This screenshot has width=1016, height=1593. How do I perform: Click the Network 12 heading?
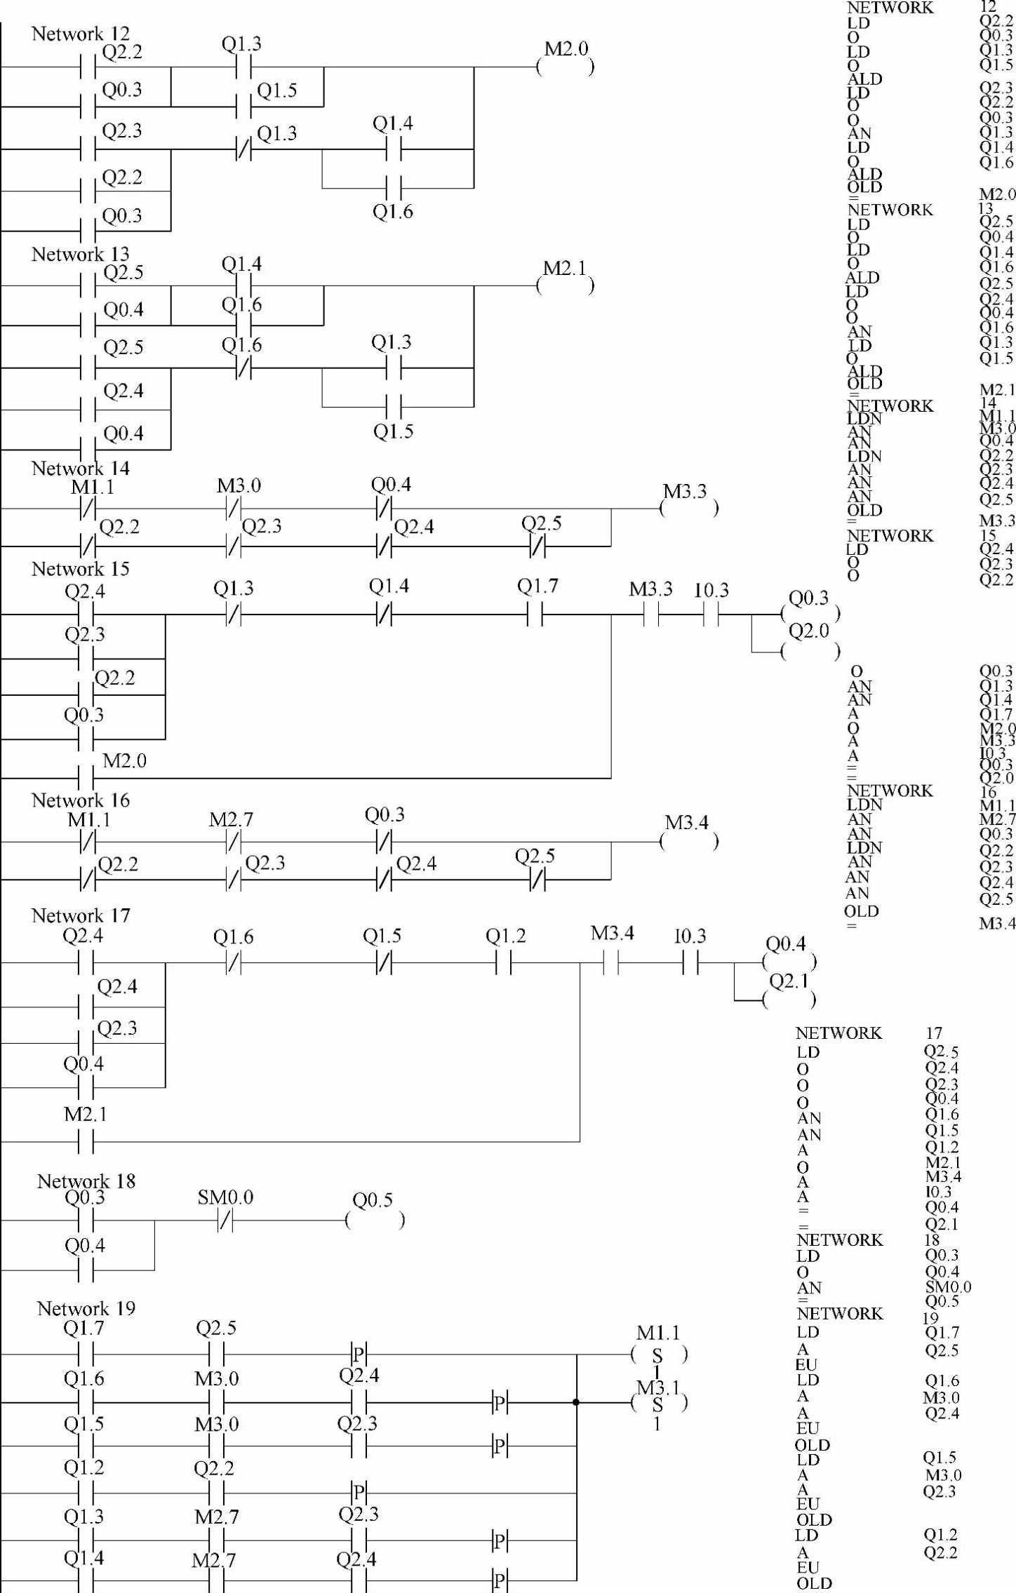click(80, 34)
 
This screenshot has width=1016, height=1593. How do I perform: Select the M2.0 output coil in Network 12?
click(566, 67)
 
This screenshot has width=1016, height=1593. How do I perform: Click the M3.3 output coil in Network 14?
click(688, 509)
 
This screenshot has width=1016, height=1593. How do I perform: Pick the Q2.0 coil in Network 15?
click(810, 652)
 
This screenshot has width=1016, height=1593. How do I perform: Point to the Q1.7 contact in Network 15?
click(535, 615)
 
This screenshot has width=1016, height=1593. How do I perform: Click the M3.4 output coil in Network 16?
click(688, 841)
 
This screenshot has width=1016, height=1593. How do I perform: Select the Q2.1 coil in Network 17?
click(789, 999)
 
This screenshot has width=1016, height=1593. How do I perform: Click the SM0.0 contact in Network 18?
click(225, 1221)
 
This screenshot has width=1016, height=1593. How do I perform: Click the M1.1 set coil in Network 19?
click(658, 1355)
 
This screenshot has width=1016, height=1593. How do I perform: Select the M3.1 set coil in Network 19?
click(658, 1403)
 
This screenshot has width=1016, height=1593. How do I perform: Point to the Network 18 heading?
click(86, 1181)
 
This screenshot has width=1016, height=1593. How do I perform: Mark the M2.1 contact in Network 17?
click(86, 1142)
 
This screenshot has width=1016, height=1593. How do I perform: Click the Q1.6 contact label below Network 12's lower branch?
click(392, 211)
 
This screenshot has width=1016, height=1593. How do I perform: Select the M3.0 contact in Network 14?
click(234, 509)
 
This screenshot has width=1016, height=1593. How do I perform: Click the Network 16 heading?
click(80, 800)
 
